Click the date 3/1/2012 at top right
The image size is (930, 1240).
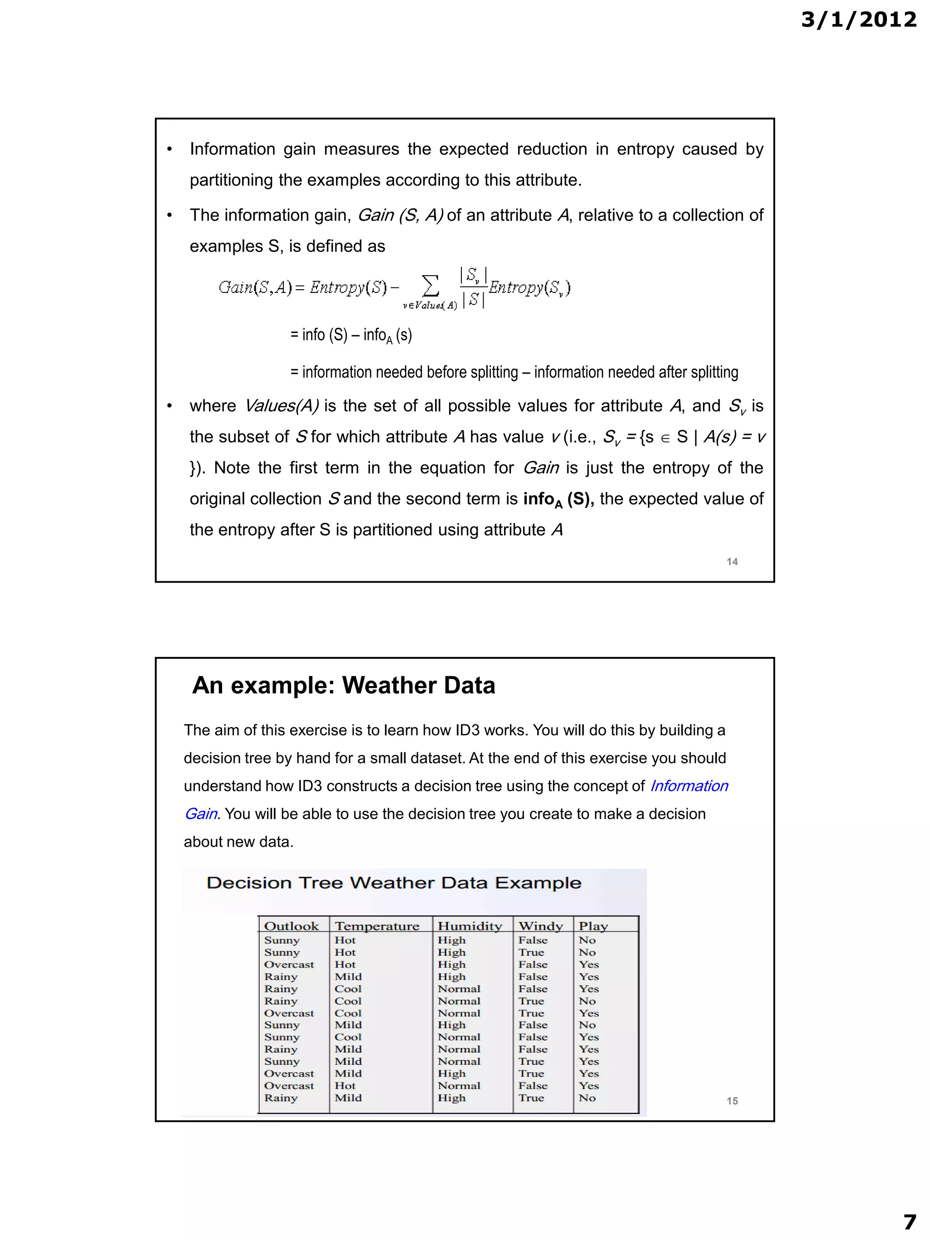tap(858, 20)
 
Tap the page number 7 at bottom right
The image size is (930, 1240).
tap(909, 1221)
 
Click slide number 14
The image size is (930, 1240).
tap(732, 562)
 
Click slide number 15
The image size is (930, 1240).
tap(732, 1101)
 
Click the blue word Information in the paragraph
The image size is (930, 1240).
tap(688, 786)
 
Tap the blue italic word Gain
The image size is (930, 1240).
tap(201, 814)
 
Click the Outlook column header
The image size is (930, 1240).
tap(292, 926)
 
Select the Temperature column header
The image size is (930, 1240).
tap(377, 926)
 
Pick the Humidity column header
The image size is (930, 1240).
tap(469, 926)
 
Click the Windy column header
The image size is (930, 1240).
tap(540, 926)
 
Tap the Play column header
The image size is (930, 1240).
tap(593, 926)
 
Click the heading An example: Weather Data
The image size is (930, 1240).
tap(343, 686)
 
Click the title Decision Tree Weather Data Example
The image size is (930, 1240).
tap(394, 883)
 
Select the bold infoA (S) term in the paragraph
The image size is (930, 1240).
tap(558, 499)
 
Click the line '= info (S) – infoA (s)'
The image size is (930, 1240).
tap(351, 335)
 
